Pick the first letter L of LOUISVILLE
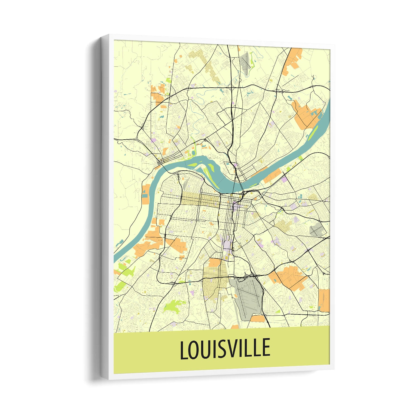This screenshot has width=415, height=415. (x=183, y=350)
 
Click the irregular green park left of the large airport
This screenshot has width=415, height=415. (x=174, y=306)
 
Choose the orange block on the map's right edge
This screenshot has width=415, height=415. (x=324, y=300)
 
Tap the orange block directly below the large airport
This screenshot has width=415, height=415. (x=257, y=319)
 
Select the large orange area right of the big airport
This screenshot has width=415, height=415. (x=288, y=276)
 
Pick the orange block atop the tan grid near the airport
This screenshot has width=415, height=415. (x=214, y=263)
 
